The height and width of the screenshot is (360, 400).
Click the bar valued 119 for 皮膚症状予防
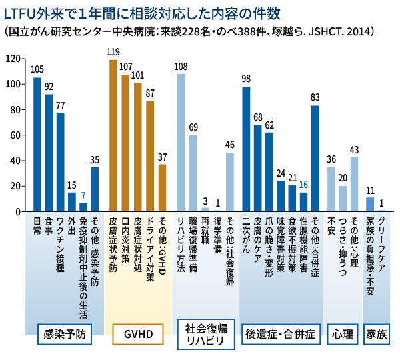tap(113, 136)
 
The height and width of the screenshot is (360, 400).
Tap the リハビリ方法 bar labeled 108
tap(181, 143)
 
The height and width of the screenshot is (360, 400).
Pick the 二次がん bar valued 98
tap(246, 149)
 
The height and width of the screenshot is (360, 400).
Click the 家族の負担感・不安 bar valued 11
tap(370, 205)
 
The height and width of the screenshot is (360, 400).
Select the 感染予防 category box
tap(64, 334)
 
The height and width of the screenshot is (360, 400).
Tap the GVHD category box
tap(138, 334)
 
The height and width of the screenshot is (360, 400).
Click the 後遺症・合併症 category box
tap(280, 334)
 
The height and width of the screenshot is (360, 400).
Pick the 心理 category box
tap(342, 334)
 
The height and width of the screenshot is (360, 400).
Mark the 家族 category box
tap(376, 334)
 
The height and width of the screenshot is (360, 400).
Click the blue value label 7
tap(83, 195)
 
